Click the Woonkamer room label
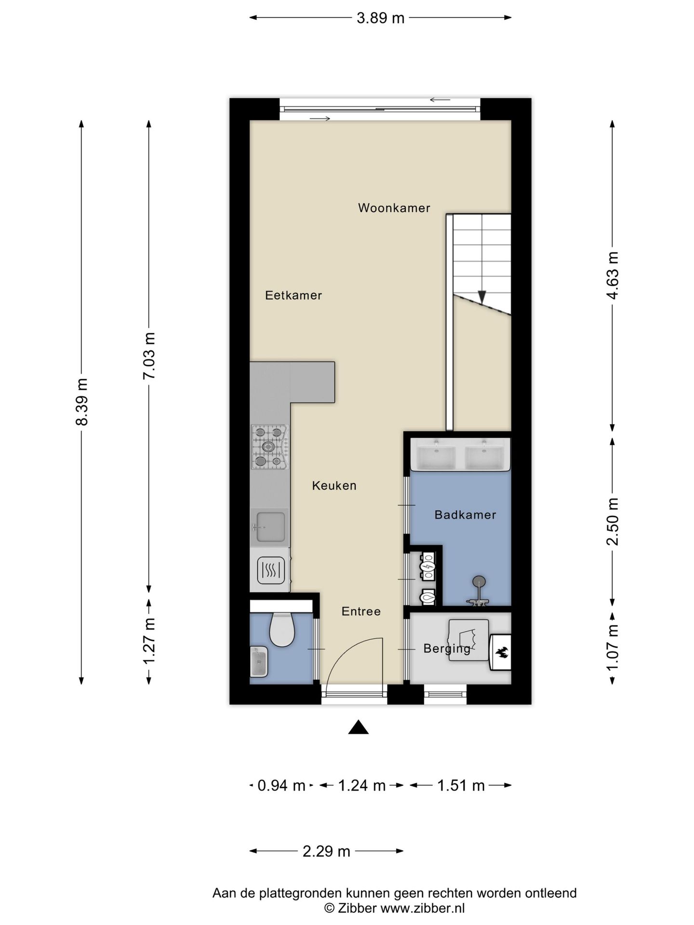[394, 208]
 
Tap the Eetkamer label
[293, 295]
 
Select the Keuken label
[334, 486]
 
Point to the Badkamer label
[465, 515]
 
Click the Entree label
[361, 611]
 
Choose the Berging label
[447, 649]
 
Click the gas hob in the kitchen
[270, 447]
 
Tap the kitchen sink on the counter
[270, 527]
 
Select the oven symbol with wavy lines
[271, 570]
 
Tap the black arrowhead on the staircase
[481, 297]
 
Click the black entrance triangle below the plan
[358, 727]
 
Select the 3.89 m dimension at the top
[380, 18]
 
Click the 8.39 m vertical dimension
[81, 402]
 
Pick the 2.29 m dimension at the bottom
[326, 851]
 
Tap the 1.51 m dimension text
[461, 786]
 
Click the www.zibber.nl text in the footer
[423, 909]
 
